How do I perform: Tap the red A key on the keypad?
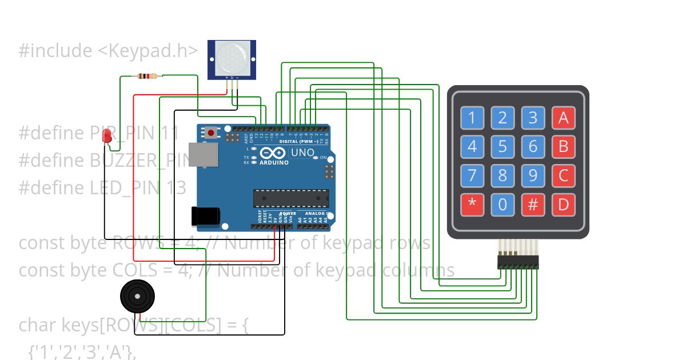[x=563, y=118]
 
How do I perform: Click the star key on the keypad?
[x=472, y=204]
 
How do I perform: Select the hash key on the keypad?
[x=533, y=204]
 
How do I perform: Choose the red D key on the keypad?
[x=563, y=204]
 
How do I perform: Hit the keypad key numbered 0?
[x=502, y=204]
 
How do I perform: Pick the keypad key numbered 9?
[x=533, y=175]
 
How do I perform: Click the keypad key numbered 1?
[x=472, y=118]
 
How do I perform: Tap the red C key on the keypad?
[x=563, y=175]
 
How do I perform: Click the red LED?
[x=106, y=135]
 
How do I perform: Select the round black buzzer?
[x=137, y=296]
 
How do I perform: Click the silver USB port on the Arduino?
[x=204, y=154]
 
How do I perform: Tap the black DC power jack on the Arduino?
[x=205, y=215]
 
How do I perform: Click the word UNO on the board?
[x=302, y=153]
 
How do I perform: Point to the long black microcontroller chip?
[x=291, y=198]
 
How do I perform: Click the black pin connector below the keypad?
[x=518, y=262]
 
